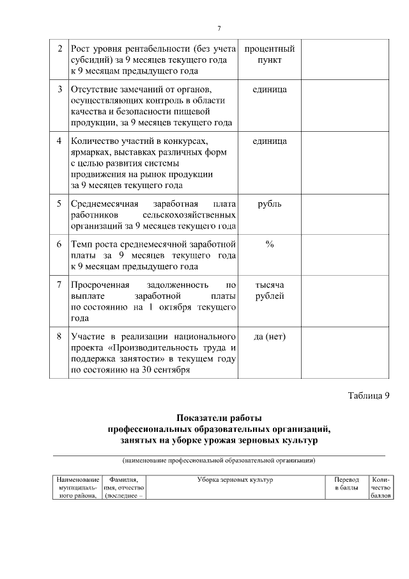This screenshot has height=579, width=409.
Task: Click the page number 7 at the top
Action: click(219, 28)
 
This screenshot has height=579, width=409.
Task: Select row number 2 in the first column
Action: click(59, 49)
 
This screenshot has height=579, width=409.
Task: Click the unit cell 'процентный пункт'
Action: click(269, 54)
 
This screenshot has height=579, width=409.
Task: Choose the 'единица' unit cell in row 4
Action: click(269, 141)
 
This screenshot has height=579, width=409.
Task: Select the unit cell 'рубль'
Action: click(269, 204)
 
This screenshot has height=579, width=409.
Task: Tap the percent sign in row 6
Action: click(269, 244)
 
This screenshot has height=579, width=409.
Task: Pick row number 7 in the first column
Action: click(59, 285)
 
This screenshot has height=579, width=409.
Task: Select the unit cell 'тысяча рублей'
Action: click(269, 290)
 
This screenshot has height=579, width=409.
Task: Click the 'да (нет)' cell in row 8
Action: click(269, 337)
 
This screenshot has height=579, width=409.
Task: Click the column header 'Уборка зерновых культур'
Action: click(235, 480)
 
